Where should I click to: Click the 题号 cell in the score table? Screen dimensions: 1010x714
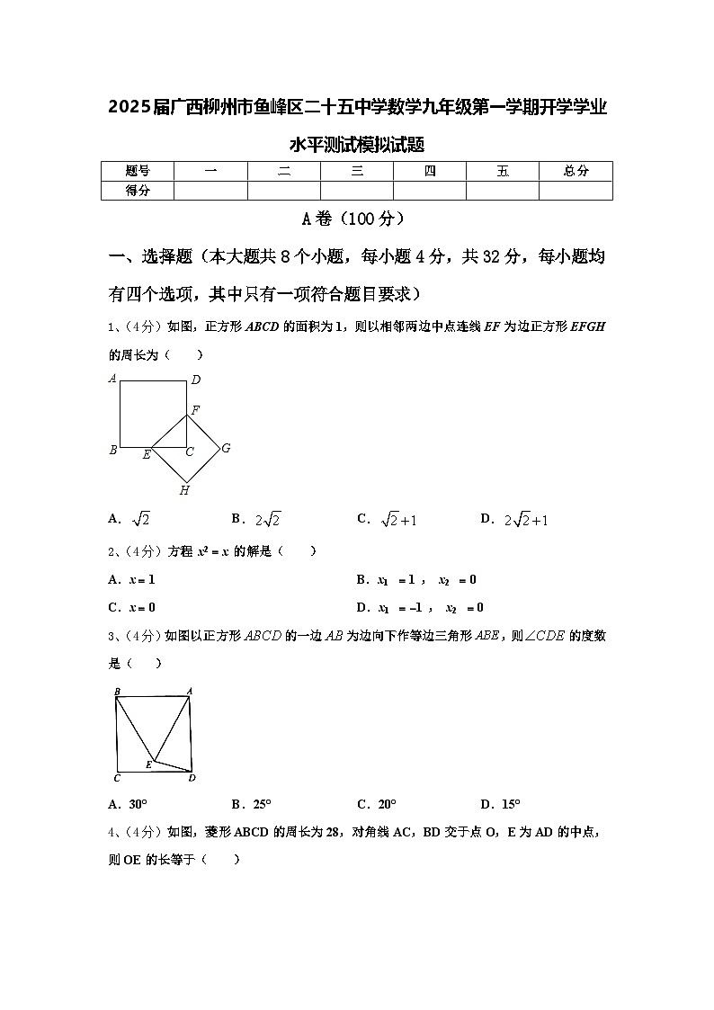(137, 171)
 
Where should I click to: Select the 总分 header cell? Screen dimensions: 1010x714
(576, 171)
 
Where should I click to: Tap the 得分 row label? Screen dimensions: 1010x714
(137, 190)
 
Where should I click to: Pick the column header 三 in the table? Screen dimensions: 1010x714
(357, 171)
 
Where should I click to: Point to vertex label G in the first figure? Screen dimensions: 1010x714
(226, 448)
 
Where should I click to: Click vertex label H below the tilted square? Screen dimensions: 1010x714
(184, 490)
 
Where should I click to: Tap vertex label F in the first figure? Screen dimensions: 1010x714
(195, 410)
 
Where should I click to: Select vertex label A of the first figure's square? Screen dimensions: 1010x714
(112, 379)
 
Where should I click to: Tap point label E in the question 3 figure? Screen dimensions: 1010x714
(148, 765)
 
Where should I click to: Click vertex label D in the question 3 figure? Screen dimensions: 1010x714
(192, 778)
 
